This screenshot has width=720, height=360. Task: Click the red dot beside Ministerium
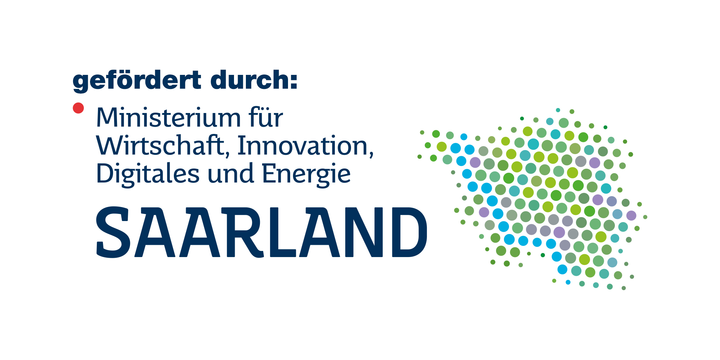(78, 108)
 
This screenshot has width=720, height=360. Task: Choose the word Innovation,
(306, 146)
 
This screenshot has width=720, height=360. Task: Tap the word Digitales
(148, 174)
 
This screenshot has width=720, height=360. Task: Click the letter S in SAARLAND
(113, 232)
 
